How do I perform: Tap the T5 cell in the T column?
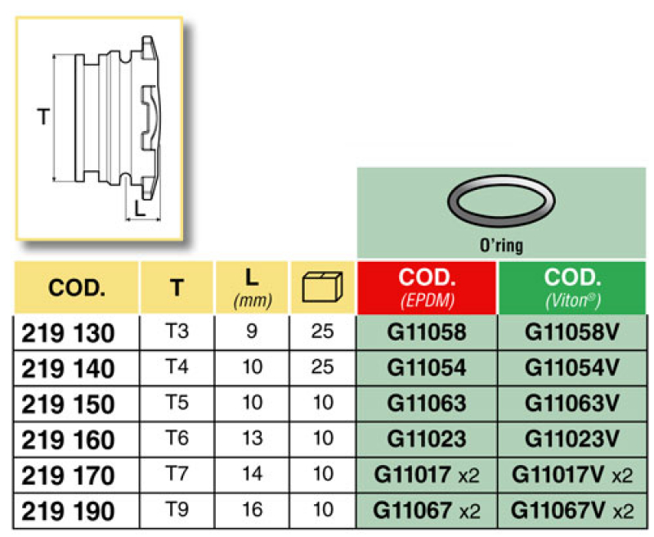(x=177, y=404)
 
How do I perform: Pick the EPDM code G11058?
(x=427, y=333)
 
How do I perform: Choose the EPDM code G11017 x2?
(x=427, y=475)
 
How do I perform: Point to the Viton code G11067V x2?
(x=571, y=510)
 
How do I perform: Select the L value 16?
(x=252, y=510)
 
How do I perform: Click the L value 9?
(x=252, y=333)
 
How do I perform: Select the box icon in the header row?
(x=322, y=287)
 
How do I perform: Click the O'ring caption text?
(x=501, y=245)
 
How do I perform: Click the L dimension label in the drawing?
(x=140, y=209)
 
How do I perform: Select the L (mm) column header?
(x=252, y=287)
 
